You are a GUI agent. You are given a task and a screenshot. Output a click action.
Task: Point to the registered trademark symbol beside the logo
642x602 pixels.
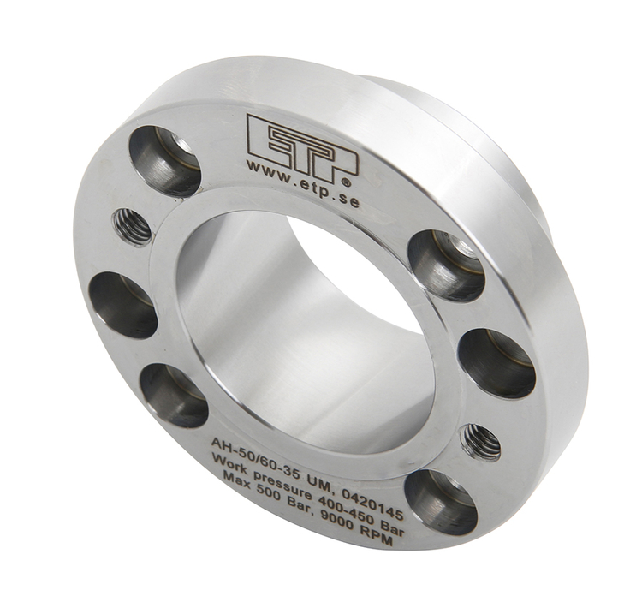(346, 181)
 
